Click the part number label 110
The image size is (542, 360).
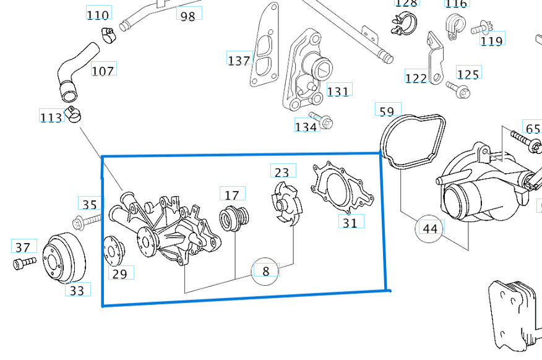[98, 14]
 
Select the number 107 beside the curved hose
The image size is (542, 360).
[103, 70]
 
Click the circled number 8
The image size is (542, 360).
[266, 271]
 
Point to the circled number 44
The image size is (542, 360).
[429, 228]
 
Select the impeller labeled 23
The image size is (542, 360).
[283, 202]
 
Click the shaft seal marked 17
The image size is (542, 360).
[235, 217]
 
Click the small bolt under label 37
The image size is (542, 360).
[21, 264]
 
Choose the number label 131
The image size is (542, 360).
[338, 92]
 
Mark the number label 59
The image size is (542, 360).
[387, 111]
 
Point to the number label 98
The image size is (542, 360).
[187, 15]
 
